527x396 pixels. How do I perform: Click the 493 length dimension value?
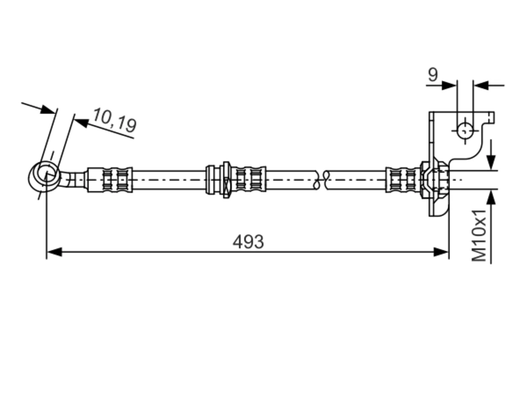point(248,242)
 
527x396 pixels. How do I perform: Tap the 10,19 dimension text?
point(115,120)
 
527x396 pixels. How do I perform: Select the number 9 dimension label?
point(433,75)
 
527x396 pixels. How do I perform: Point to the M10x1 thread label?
point(479,236)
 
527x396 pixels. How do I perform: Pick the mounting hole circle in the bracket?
point(465,131)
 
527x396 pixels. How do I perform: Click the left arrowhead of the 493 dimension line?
point(54,252)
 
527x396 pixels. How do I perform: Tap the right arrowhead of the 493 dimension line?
point(441,252)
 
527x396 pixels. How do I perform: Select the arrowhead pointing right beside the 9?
point(449,85)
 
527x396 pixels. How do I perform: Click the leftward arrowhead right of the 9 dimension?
point(481,85)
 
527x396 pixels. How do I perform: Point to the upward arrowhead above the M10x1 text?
point(492,198)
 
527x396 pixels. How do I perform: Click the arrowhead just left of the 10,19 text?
point(82,122)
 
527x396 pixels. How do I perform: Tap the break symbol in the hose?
point(322,179)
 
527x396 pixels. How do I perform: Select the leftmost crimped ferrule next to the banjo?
point(110,179)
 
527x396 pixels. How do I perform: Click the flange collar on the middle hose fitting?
point(226,179)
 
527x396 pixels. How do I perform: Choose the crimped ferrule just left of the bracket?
point(403,179)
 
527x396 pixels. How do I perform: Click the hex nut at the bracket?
point(434,179)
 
